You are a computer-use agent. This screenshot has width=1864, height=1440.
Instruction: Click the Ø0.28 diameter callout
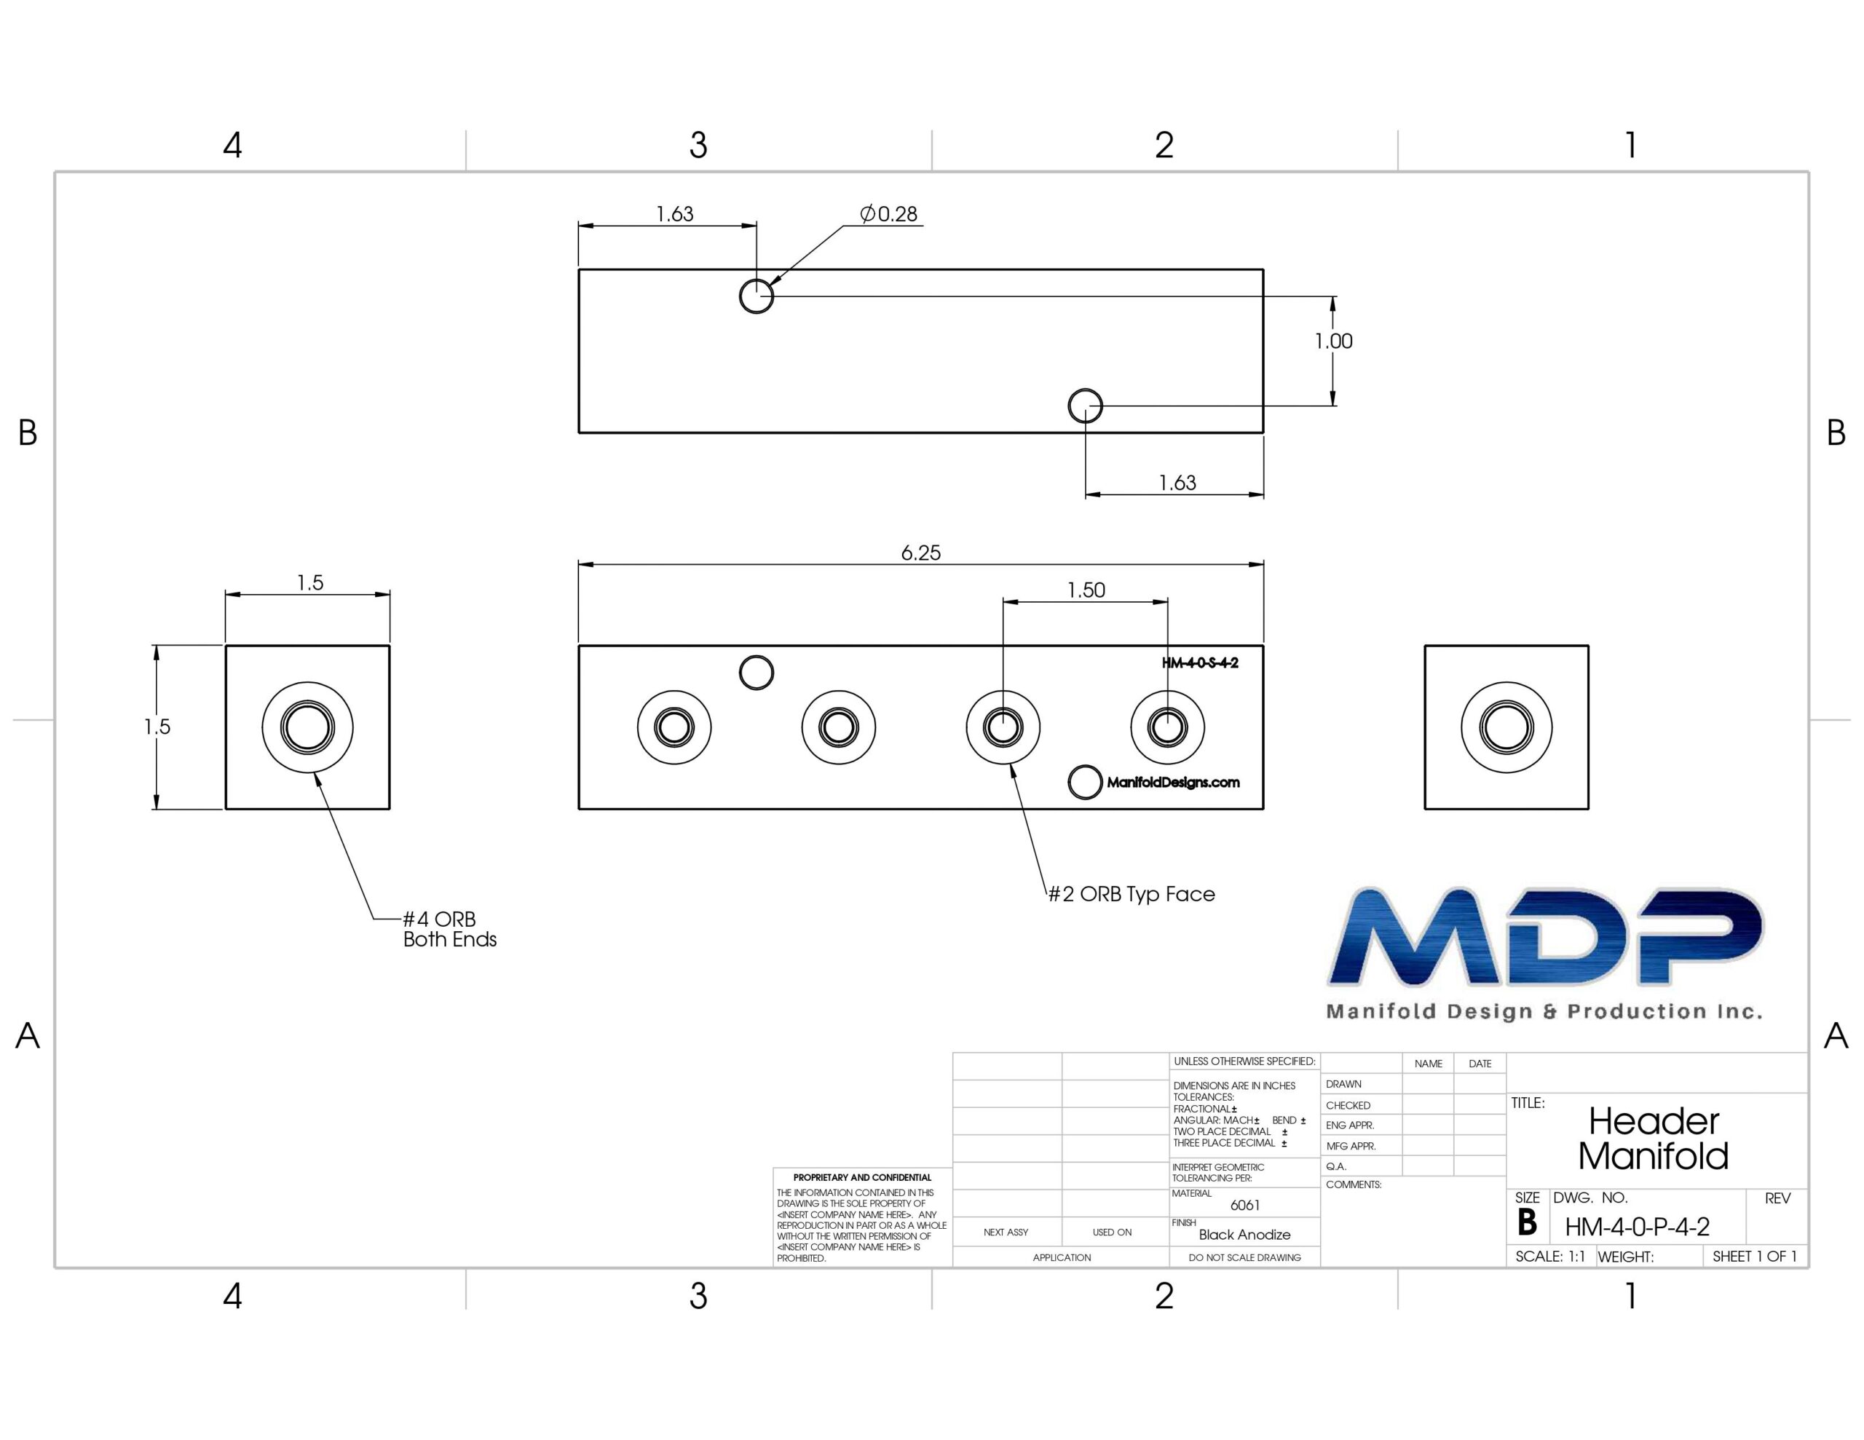click(888, 213)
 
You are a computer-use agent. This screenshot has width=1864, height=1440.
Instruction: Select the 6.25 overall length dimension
click(921, 553)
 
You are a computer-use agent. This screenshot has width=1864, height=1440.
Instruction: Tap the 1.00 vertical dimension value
click(1333, 341)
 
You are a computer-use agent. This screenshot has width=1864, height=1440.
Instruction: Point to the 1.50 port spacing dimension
click(1086, 590)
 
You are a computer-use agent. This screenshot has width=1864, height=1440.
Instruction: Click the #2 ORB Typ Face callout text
click(1131, 894)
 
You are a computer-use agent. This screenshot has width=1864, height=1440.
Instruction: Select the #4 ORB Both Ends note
click(450, 929)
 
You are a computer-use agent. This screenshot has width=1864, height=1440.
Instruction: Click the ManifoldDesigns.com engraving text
click(1173, 782)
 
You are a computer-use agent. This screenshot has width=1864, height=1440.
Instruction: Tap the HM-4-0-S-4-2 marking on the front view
click(1200, 662)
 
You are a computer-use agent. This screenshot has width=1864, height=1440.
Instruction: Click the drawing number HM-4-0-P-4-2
click(1637, 1227)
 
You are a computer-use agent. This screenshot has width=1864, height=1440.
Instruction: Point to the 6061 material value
click(1245, 1206)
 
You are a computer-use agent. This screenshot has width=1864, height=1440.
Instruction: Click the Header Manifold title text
click(1653, 1139)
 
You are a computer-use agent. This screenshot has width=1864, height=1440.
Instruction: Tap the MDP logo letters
click(1545, 936)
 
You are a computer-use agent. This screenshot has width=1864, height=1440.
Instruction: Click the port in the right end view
click(1506, 727)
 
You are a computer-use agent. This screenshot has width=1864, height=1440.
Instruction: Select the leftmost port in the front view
click(674, 727)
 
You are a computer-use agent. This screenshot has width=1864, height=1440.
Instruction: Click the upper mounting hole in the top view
click(757, 296)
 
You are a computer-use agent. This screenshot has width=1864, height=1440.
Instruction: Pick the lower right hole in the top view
click(1086, 406)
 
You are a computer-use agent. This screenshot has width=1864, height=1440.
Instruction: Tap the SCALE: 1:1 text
click(1550, 1257)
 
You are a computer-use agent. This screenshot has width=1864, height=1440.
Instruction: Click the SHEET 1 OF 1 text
click(1755, 1257)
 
